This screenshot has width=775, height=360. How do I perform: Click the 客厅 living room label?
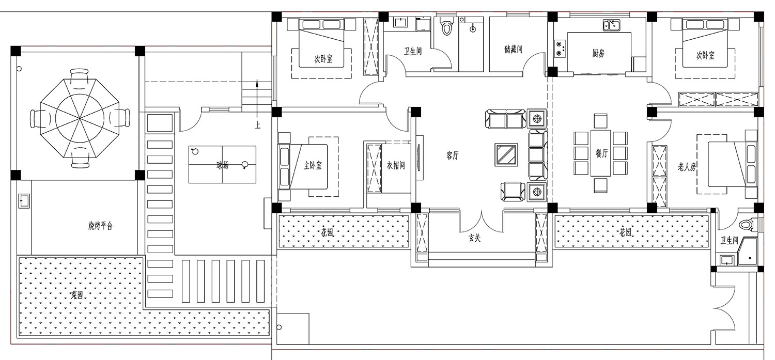(453, 155)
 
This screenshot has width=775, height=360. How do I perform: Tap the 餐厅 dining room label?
(602, 153)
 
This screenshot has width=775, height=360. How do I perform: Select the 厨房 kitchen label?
(598, 53)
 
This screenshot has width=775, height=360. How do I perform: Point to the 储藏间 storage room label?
(513, 50)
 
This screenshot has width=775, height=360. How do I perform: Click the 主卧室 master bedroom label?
(313, 166)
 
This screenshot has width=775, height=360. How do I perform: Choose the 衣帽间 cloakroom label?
(396, 165)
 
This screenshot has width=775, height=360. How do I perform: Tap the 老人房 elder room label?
(687, 167)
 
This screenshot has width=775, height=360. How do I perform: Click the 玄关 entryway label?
(475, 238)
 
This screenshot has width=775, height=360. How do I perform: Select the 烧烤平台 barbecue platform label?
(101, 226)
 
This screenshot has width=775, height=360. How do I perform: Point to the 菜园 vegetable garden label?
(77, 295)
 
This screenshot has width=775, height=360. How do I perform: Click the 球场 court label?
(223, 166)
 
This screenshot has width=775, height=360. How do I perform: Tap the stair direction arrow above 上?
(257, 100)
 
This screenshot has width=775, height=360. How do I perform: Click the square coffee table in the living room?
(506, 154)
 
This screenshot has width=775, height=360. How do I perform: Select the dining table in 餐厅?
(600, 153)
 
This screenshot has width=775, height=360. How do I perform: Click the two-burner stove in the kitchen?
(560, 49)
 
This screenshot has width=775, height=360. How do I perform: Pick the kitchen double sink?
(611, 25)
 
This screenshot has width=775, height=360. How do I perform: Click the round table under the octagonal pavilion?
(80, 119)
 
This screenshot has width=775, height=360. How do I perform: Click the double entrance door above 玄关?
(481, 222)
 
